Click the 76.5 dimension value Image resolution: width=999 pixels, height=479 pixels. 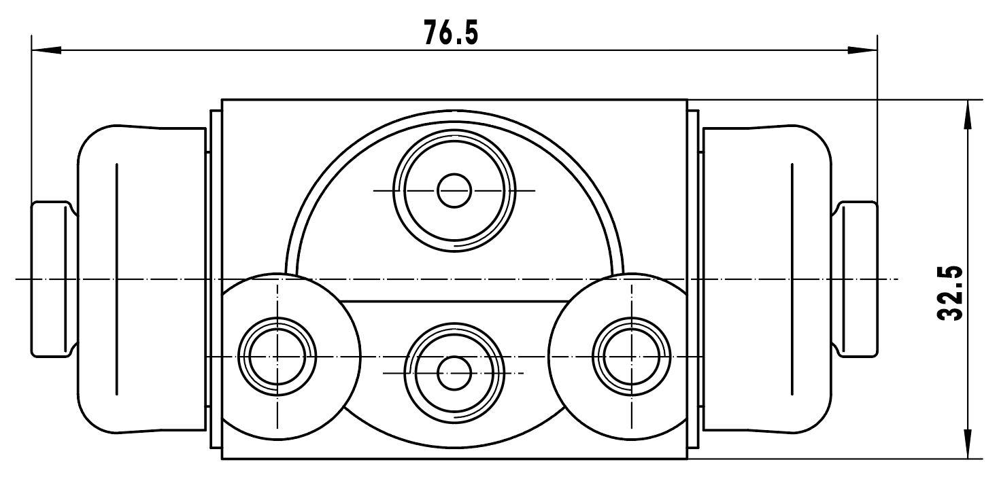click(451, 33)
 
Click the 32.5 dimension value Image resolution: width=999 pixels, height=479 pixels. click(949, 293)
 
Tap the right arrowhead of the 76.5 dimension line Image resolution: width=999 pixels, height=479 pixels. click(862, 50)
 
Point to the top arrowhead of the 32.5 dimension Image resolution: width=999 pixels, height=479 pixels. click(968, 115)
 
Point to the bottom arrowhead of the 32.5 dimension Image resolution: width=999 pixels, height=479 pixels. click(968, 444)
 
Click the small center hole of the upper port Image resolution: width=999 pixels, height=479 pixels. click(454, 190)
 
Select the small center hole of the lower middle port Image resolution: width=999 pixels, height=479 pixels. click(454, 372)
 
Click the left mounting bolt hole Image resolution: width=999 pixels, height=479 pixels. click(277, 357)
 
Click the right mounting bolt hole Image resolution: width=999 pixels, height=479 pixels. click(632, 357)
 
